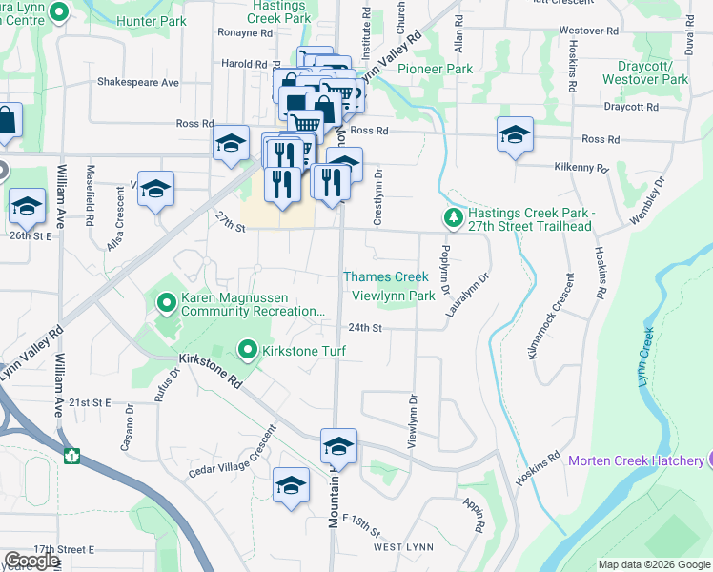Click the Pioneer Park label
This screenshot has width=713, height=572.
pos(435,69)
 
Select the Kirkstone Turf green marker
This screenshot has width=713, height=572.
pos(249,351)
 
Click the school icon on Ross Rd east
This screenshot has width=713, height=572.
pos(515,134)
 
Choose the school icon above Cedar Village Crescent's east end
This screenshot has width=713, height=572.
pos(292,486)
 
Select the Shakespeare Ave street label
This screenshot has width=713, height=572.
pos(138,83)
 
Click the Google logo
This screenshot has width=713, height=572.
pos(31,561)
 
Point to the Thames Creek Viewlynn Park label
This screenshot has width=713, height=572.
pos(388,286)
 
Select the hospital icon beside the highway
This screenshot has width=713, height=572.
pos(71,456)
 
